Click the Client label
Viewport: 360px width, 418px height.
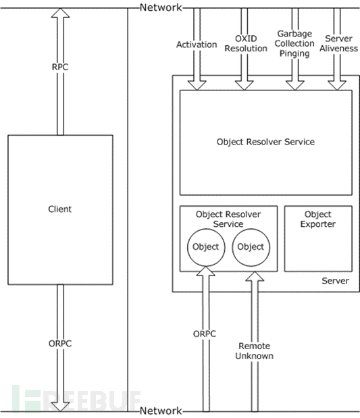59,209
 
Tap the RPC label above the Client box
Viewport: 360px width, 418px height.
60,67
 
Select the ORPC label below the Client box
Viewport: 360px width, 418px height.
60,343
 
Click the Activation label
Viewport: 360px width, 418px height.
197,45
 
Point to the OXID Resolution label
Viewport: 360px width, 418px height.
246,43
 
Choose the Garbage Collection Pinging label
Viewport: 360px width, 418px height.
294,43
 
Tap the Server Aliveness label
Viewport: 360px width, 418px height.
338,43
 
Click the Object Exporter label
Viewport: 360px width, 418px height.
318,219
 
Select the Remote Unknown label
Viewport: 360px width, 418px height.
255,351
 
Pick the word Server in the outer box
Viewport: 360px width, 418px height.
335,281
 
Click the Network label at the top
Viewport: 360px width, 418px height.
161,7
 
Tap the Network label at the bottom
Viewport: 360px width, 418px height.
161,411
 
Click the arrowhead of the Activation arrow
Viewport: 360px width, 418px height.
197,85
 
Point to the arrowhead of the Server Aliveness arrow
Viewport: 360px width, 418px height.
337,85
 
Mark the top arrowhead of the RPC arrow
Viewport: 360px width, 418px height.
61,13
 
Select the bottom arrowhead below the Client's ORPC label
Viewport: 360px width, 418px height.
60,407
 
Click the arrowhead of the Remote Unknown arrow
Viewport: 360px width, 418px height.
255,276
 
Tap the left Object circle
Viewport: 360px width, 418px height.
206,247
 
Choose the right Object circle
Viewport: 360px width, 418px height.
251,247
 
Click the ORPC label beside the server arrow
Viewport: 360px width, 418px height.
205,334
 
